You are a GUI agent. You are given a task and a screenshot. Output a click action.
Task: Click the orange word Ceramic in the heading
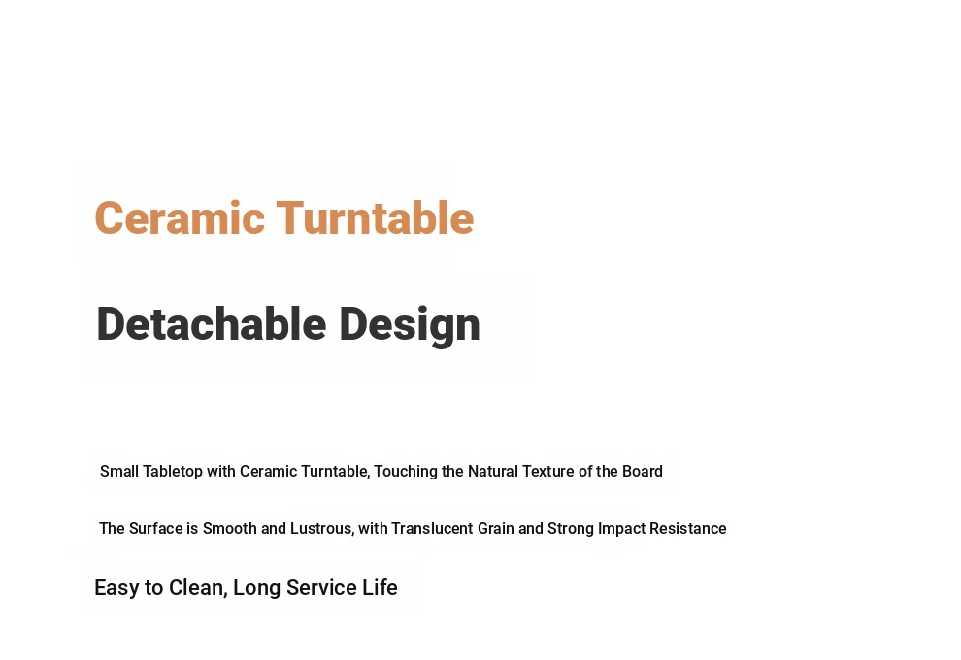pyautogui.click(x=180, y=218)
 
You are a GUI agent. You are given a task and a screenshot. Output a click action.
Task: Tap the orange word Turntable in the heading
pyautogui.click(x=375, y=217)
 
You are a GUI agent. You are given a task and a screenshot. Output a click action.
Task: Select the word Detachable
pyautogui.click(x=212, y=324)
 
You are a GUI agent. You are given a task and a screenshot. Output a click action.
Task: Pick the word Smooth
pyautogui.click(x=230, y=528)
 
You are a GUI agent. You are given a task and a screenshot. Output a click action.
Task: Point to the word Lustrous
pyautogui.click(x=322, y=529)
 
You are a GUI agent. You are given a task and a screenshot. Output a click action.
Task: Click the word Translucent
pyautogui.click(x=432, y=528)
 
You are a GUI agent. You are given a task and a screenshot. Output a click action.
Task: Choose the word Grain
pyautogui.click(x=496, y=528)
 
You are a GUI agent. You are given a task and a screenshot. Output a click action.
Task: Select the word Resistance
pyautogui.click(x=688, y=528)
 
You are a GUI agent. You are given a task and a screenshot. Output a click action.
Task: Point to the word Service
pyautogui.click(x=321, y=587)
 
